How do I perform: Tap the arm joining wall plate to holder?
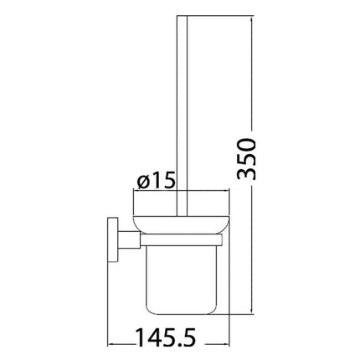tap(126, 242)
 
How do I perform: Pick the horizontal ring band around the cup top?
tap(180, 241)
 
